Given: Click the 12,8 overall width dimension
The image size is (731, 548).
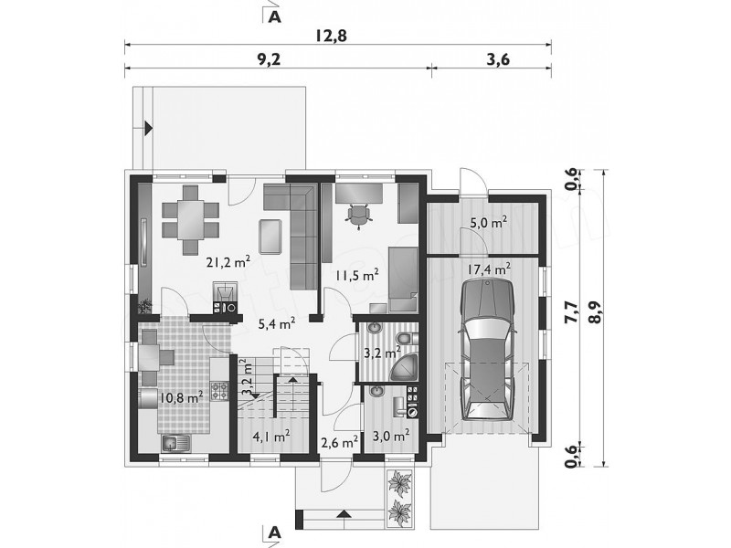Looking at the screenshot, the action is pos(332,36).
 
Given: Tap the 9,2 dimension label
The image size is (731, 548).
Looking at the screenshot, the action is pos(269,59).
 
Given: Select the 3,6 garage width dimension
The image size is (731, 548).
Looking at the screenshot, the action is pos(497,59).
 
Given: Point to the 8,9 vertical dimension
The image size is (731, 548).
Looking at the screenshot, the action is pos(594,312).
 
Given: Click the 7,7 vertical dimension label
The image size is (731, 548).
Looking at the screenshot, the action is pos(570,312).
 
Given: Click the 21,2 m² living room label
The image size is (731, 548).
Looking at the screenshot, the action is pos(229,262).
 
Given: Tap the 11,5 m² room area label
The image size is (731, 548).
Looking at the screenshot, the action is pos(355,275).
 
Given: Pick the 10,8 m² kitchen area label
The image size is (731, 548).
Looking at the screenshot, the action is pos(180,397).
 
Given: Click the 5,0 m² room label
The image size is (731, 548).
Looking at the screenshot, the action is pos(488,222).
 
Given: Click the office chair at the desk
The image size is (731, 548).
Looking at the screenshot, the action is pos(358,216).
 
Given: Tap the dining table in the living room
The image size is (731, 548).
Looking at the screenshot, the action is pos(191,219).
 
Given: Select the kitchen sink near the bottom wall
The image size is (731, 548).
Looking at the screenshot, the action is pos(176,443).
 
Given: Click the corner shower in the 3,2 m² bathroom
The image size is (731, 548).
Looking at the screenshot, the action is pos(405,368).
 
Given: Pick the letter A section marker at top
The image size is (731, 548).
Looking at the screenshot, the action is pos(276,16).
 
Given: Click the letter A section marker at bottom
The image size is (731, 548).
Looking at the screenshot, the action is pos(276,532).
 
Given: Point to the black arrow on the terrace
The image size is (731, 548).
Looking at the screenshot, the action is pos(149,127).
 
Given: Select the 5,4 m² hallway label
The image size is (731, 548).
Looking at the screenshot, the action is pos(277,323).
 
